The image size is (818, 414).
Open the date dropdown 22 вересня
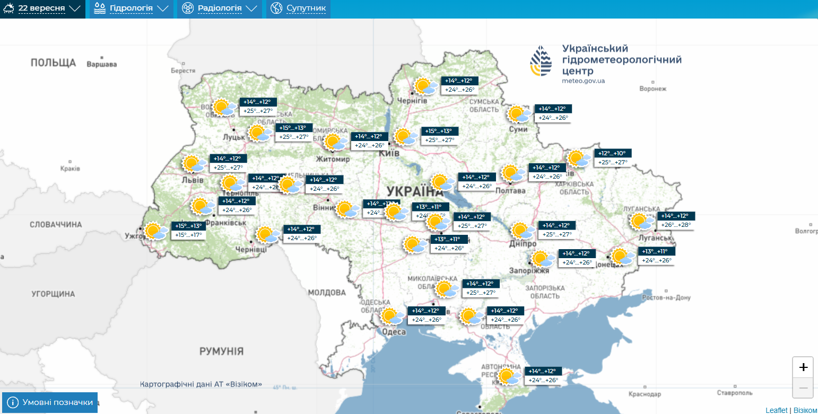42,8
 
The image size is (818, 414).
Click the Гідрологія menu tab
131,8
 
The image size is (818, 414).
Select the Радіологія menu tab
219,8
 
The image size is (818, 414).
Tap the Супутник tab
298,8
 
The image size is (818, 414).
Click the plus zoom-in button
803,367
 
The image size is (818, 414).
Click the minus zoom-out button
803,388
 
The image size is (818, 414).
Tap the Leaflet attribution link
776,410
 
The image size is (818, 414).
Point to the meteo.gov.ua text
583,81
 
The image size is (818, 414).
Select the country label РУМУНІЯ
221,351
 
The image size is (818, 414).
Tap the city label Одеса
394,332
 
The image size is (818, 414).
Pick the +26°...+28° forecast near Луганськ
675,225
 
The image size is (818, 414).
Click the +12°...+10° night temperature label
613,153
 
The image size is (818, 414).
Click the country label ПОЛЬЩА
53,63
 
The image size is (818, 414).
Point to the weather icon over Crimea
508,376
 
